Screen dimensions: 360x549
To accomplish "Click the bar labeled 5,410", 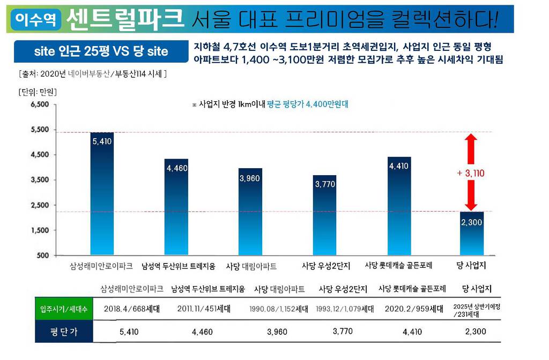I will pyautogui.click(x=102, y=193).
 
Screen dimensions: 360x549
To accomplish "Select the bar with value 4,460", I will pyautogui.click(x=176, y=206).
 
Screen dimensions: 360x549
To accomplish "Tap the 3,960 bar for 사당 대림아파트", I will pyautogui.click(x=250, y=211).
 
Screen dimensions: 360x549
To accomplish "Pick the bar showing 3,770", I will pyautogui.click(x=324, y=214).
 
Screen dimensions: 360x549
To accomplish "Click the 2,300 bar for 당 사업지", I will pyautogui.click(x=472, y=233).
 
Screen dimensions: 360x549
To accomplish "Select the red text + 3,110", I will pyautogui.click(x=470, y=174).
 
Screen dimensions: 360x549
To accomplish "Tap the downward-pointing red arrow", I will pyautogui.click(x=470, y=196).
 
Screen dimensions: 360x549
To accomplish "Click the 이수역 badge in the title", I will pyautogui.click(x=35, y=20).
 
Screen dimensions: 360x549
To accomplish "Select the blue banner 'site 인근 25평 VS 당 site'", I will pyautogui.click(x=101, y=51).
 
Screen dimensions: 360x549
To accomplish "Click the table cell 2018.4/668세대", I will pyautogui.click(x=131, y=309).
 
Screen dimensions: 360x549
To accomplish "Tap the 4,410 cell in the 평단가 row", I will pyautogui.click(x=412, y=332).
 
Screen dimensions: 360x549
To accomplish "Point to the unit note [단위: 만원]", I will pyautogui.click(x=37, y=92).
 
